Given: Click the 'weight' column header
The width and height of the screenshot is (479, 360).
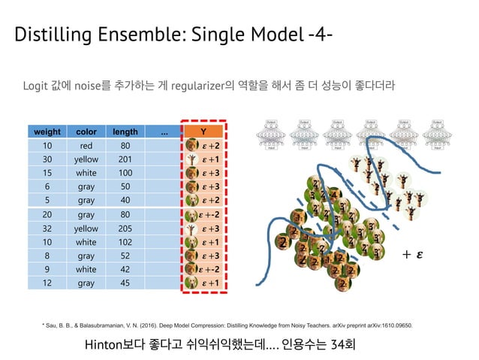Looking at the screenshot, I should (47, 132).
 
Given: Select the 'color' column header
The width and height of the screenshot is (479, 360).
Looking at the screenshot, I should (86, 132).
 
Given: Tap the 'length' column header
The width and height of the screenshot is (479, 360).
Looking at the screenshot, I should (125, 132).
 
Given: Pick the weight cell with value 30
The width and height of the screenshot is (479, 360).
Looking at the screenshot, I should (47, 159).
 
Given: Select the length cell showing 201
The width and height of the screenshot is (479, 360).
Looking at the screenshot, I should (125, 159).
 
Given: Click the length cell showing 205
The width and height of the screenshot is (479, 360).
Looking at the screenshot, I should (125, 228).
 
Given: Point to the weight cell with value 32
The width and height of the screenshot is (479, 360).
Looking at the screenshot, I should (47, 228).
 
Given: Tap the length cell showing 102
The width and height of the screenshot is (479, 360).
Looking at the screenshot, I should (125, 242).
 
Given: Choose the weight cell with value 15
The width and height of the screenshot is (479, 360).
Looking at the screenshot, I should (47, 173).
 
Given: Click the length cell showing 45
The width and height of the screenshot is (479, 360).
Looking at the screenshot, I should (125, 283).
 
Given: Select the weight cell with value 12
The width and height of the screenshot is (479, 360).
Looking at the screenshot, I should (47, 283).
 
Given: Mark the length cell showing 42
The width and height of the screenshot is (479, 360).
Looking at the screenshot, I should (125, 269).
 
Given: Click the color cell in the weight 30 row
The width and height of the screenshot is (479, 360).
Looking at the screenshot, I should (86, 159).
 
